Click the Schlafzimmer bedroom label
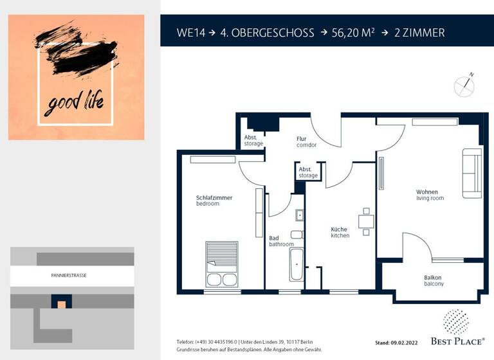point(214,201)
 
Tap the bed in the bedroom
point(221,264)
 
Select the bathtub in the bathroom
point(296,265)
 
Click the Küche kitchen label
point(340,232)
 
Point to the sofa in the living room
point(471,173)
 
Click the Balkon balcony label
point(433,280)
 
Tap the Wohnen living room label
point(430,195)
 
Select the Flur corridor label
point(306,142)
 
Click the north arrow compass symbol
point(463,86)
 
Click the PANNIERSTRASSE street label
point(69,275)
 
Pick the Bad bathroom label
point(281,241)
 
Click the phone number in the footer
point(215,341)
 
